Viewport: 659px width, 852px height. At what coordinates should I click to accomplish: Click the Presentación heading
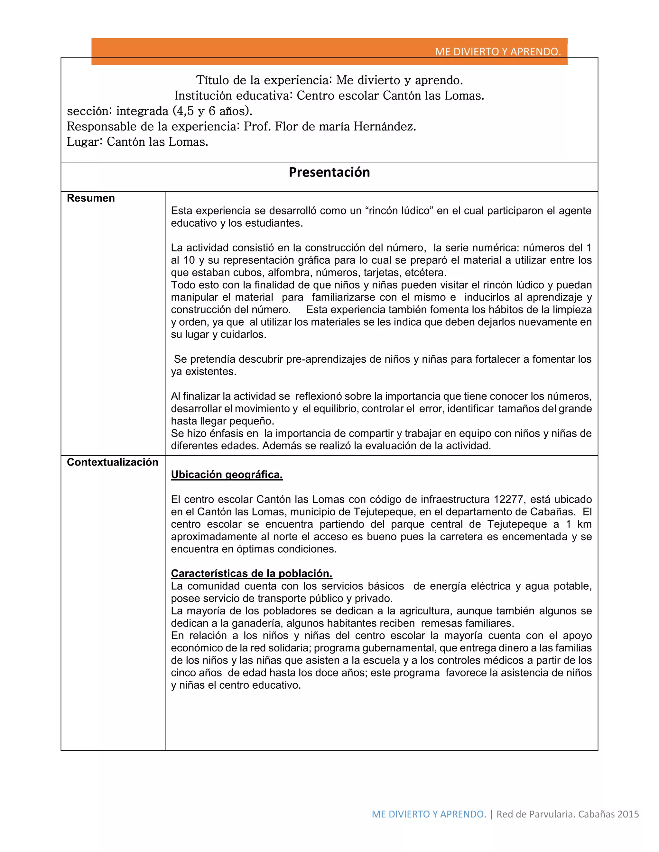tap(329, 172)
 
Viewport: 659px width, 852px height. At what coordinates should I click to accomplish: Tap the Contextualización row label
tap(112, 462)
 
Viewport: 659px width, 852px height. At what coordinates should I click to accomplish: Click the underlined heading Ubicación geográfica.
tap(227, 475)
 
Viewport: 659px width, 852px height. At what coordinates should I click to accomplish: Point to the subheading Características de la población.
tap(251, 574)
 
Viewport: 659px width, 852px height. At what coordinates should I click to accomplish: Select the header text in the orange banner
tap(497, 52)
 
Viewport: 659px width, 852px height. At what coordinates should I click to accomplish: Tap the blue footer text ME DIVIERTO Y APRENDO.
tap(429, 814)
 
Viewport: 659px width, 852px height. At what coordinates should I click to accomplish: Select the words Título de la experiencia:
tap(264, 80)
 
